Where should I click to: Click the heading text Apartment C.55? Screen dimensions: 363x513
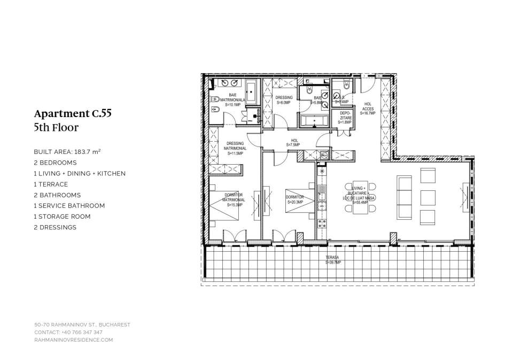73,113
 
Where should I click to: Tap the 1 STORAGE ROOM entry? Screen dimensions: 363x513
62,217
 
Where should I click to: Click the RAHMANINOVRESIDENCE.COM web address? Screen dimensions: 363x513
74,339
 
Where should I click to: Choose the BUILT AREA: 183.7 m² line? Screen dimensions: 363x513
67,152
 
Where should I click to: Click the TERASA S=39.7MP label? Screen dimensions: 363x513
334,261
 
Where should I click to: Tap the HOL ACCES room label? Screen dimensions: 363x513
368,109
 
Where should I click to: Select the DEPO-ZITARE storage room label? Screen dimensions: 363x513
345,118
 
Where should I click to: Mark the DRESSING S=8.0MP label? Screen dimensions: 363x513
284,100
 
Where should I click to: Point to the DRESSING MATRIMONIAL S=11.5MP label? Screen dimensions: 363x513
235,148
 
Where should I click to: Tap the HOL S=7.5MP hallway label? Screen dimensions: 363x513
293,143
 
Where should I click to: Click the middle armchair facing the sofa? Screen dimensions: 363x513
428,197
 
